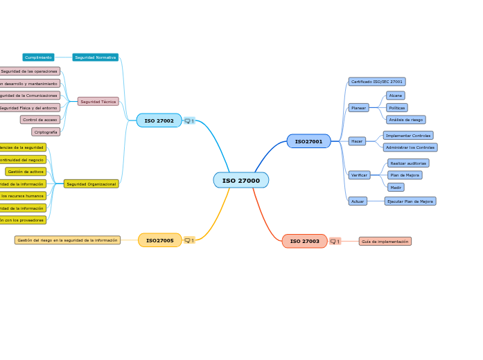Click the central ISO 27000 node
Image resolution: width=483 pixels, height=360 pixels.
[x=240, y=181]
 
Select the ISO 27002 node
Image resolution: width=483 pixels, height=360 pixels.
[x=159, y=120]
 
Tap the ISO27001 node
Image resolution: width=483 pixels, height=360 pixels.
[x=308, y=141]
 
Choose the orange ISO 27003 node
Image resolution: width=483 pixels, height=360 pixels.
[x=304, y=242]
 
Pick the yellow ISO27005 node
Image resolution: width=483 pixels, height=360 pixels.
[x=159, y=240]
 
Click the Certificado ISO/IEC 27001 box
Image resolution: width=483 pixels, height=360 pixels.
[x=376, y=82]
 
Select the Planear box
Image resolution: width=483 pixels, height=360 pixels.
[x=358, y=108]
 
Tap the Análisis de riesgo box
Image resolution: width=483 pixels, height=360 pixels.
[x=406, y=120]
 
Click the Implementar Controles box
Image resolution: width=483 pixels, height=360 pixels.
[x=407, y=136]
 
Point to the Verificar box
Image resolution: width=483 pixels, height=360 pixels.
[x=359, y=175]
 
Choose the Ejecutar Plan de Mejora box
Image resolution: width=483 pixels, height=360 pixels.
[x=410, y=201]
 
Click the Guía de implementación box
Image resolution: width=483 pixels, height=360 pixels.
[x=385, y=242]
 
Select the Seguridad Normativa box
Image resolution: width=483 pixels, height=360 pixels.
[x=95, y=57]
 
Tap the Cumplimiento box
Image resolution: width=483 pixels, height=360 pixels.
[x=38, y=57]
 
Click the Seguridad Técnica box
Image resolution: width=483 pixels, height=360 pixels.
[x=98, y=102]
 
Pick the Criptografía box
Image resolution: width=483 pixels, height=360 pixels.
[x=46, y=132]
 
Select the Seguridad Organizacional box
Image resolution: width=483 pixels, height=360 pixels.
[x=91, y=184]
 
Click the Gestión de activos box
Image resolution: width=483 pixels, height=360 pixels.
[x=26, y=172]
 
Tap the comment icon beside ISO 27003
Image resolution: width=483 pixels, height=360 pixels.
[x=334, y=242]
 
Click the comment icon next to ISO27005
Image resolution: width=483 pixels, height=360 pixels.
[x=188, y=240]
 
